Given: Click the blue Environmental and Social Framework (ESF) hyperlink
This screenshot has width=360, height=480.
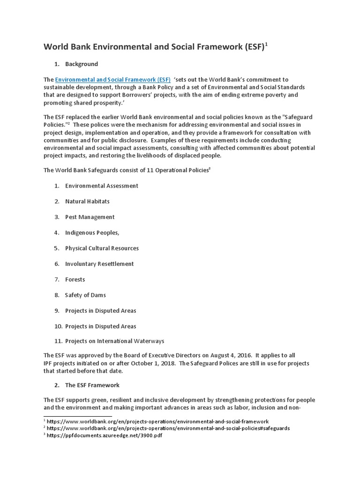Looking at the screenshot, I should click(x=112, y=80).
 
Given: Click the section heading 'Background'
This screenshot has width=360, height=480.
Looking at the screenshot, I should click(x=82, y=64).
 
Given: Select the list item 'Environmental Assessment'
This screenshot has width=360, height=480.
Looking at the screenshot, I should click(x=102, y=186).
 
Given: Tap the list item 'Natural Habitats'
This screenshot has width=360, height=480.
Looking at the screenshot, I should click(x=87, y=201).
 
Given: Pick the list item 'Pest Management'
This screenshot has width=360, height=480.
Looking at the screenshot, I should click(x=90, y=217).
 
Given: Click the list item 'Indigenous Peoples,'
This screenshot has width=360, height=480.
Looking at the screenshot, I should click(x=92, y=232).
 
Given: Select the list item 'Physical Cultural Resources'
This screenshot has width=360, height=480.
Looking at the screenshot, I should click(x=102, y=248).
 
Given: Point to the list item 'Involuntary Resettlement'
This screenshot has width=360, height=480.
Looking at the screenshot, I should click(x=99, y=264).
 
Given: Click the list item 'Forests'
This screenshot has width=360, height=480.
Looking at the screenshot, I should click(x=75, y=279).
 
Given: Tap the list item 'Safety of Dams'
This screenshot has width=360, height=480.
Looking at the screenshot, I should click(x=85, y=295).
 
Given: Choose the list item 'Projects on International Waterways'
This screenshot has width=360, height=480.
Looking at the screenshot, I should click(x=114, y=341).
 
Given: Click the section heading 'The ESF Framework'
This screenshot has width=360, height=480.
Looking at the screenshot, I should click(x=92, y=385).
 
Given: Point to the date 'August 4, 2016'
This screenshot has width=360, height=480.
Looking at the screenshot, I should click(x=220, y=355).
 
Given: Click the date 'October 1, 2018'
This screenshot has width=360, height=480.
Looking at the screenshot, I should click(x=152, y=363).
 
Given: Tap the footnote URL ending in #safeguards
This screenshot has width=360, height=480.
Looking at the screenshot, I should click(x=168, y=428).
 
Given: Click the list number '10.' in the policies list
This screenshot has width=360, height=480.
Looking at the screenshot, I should click(x=58, y=326).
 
